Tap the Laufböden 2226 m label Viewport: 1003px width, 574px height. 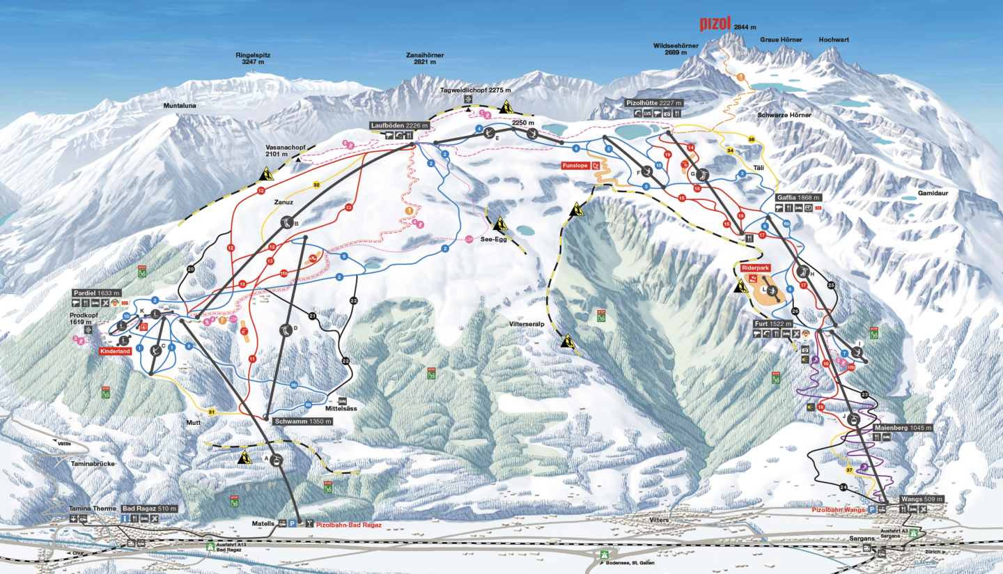click(399, 125)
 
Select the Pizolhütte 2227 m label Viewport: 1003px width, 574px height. click(653, 103)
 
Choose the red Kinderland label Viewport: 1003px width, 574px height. click(115, 352)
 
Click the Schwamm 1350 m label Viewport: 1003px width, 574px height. click(303, 421)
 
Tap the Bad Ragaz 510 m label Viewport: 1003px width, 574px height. click(149, 509)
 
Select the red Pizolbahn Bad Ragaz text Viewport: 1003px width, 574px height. click(349, 525)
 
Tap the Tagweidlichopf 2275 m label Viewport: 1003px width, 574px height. click(476, 91)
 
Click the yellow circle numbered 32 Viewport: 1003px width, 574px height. click(316, 185)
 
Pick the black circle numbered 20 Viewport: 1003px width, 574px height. click(192, 269)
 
